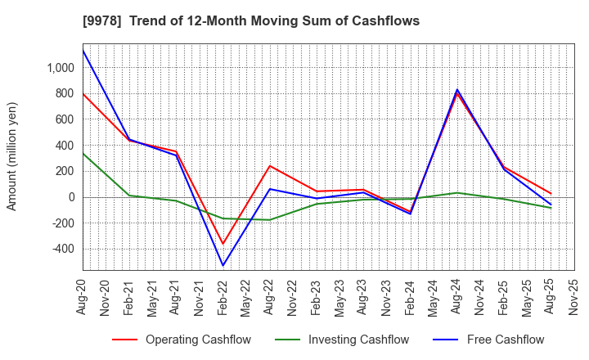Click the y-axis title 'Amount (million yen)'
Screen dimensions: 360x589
click(12, 156)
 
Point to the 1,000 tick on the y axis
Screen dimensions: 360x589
click(60, 67)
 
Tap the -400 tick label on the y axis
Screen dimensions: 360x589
click(62, 249)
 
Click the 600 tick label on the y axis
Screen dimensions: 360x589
click(65, 119)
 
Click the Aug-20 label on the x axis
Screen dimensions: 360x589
click(83, 296)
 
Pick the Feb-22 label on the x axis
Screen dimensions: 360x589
click(223, 296)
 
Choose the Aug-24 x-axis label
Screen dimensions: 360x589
click(456, 296)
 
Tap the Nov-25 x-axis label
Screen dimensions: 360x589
click(573, 296)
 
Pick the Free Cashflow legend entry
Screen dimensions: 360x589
click(492, 340)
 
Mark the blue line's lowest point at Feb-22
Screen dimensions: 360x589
click(223, 265)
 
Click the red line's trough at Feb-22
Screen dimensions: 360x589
click(223, 244)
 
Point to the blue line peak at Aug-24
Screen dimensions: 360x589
click(456, 89)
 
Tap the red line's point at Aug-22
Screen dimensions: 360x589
click(270, 166)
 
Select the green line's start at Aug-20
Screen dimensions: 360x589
click(83, 153)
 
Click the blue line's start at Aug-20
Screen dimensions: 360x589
click(83, 51)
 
